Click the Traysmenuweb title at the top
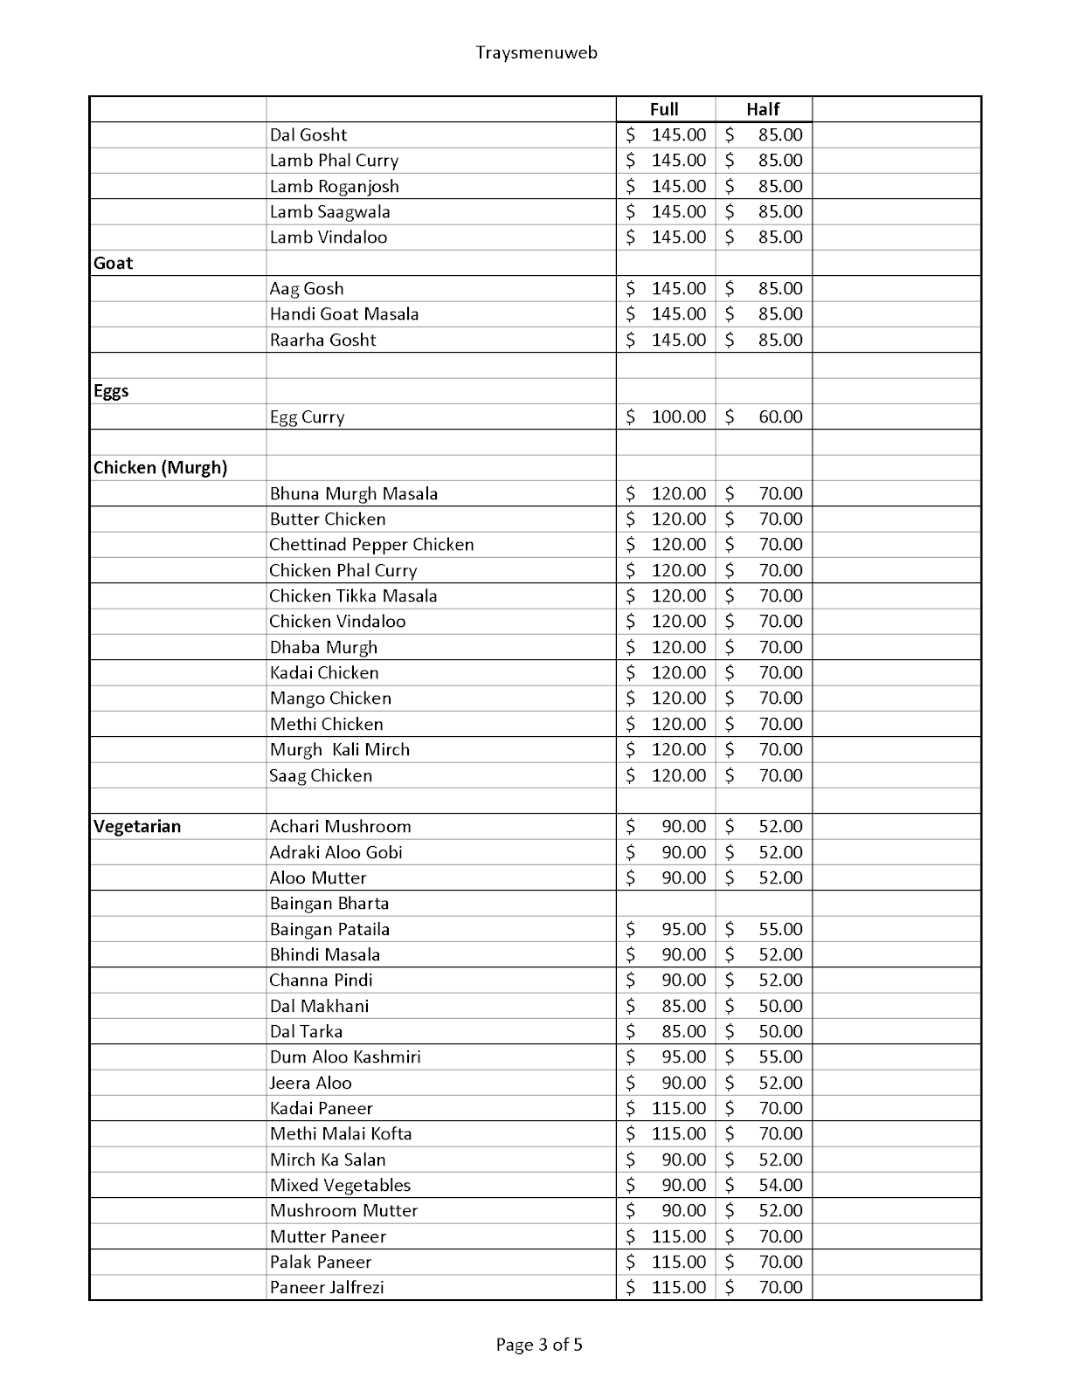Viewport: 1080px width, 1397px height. pos(537,52)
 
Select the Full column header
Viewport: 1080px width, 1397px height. pos(664,109)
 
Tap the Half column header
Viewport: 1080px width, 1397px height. pos(763,109)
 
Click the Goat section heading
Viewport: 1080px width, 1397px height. pos(114,263)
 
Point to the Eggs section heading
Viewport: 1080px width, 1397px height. pos(111,390)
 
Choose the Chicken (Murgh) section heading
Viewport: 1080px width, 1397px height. pos(160,467)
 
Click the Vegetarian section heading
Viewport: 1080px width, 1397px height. pos(137,826)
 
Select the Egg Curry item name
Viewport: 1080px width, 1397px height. pos(307,416)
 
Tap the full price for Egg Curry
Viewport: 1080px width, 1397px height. pos(678,416)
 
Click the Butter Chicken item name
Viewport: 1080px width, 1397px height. pos(328,519)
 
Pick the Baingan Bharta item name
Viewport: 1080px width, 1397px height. pos(329,903)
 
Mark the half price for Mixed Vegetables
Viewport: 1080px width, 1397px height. pos(779,1185)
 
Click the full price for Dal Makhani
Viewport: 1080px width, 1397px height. pos(683,1006)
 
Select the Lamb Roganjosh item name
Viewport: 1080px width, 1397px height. pos(334,186)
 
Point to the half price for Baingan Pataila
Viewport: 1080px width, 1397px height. pos(779,929)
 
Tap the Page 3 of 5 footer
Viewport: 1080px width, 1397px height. pos(539,1345)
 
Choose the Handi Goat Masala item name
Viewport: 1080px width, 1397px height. pos(344,313)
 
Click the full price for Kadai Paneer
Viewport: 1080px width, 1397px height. pos(678,1108)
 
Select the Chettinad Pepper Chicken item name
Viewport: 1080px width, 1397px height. pos(371,544)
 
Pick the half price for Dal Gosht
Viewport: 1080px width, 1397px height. pos(779,134)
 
